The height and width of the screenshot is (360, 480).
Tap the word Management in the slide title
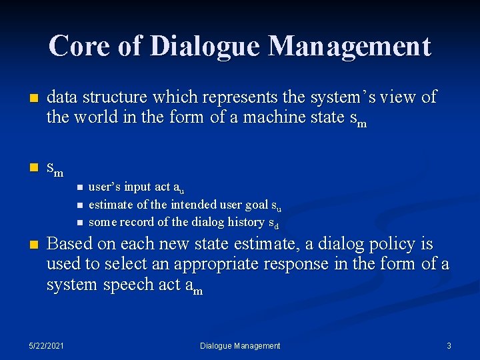349,47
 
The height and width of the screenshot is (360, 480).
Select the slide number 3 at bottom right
449,346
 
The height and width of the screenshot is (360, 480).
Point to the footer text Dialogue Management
240,346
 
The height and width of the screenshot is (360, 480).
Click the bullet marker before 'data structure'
26,98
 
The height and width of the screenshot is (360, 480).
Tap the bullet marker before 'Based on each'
26,244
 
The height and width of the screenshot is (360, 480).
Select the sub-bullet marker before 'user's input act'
79,187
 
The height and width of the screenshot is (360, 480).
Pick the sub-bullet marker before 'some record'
79,222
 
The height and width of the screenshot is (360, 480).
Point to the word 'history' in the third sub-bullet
246,222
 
